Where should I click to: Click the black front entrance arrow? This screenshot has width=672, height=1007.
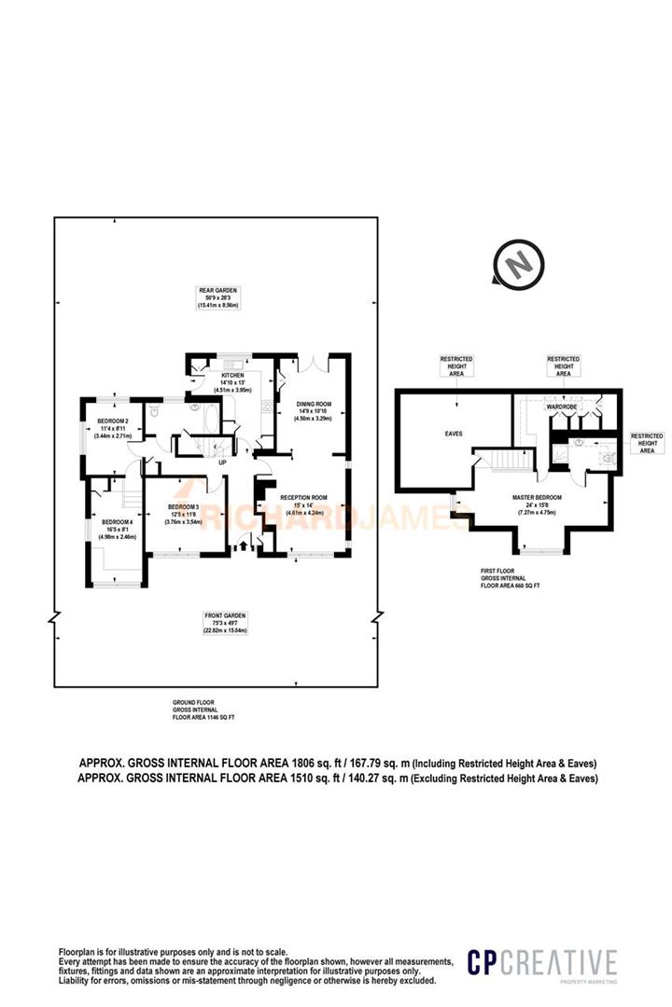click(245, 546)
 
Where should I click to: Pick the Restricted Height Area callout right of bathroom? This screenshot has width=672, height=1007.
click(647, 443)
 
